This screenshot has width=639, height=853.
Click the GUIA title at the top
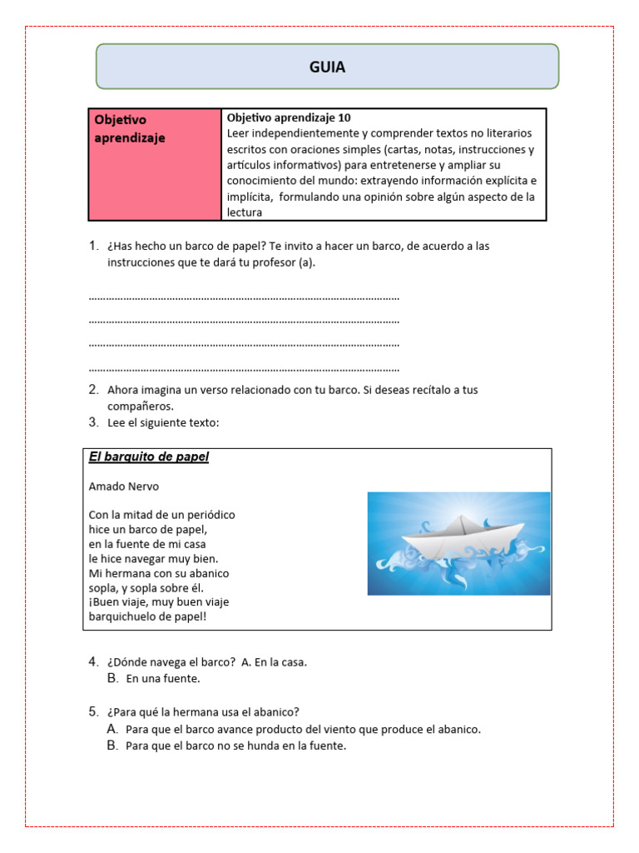[327, 67]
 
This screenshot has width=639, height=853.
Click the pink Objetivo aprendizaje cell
[154, 163]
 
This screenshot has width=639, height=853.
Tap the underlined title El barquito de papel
[148, 456]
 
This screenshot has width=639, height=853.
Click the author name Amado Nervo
[123, 486]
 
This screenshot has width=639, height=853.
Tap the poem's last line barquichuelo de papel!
[146, 617]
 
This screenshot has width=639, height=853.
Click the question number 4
[94, 661]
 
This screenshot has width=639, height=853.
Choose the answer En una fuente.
[163, 679]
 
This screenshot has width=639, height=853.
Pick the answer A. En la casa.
[274, 662]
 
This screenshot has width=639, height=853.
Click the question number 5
[94, 711]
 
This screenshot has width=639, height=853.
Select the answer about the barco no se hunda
[235, 746]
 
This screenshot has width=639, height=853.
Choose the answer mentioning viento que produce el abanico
[304, 729]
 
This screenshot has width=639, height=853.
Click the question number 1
[94, 246]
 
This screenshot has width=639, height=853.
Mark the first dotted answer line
[244, 297]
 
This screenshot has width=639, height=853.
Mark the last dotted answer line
[244, 368]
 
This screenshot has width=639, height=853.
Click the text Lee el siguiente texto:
[163, 422]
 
